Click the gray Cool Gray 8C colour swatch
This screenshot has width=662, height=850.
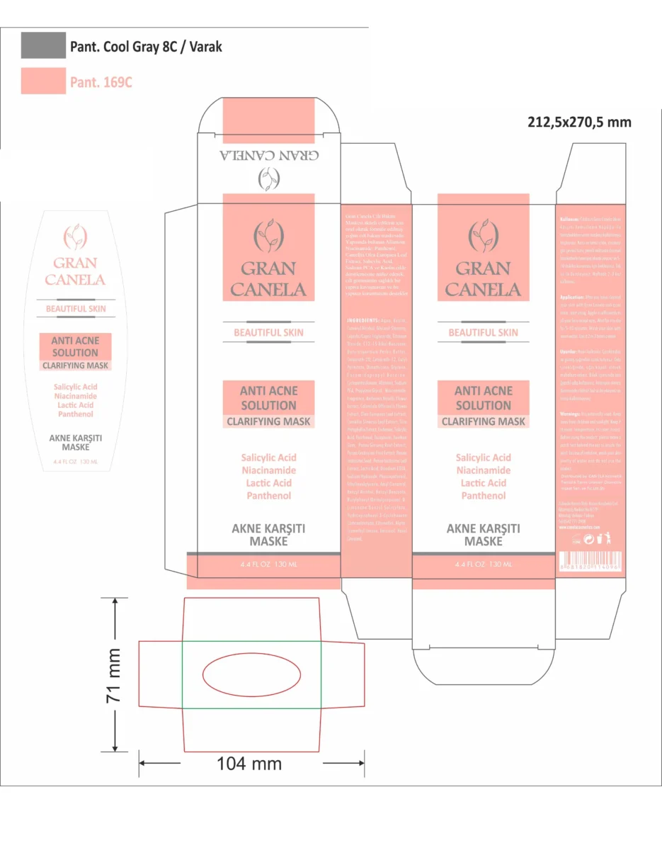pyautogui.click(x=43, y=45)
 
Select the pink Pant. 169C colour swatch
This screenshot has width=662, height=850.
pyautogui.click(x=43, y=81)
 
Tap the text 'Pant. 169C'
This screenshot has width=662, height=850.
pyautogui.click(x=101, y=82)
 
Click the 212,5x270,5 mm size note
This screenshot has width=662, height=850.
pyautogui.click(x=579, y=122)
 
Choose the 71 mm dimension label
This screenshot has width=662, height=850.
pyautogui.click(x=113, y=674)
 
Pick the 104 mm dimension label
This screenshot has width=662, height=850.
pyautogui.click(x=249, y=763)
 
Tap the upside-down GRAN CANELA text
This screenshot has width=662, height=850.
pyautogui.click(x=268, y=156)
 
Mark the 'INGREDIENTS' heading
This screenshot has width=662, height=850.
pyautogui.click(x=360, y=319)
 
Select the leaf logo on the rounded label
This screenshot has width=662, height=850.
pyautogui.click(x=75, y=234)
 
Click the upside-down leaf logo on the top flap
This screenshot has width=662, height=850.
pyautogui.click(x=268, y=180)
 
